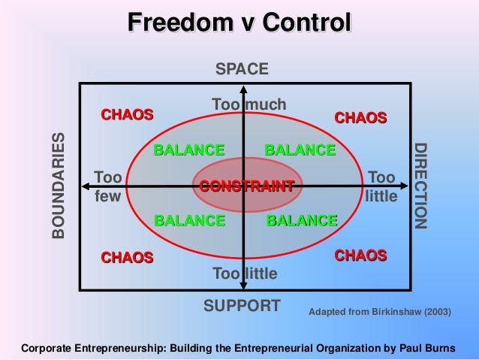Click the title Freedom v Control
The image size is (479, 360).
[239, 23]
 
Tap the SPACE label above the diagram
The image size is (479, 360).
[242, 69]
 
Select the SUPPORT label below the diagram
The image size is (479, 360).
[242, 306]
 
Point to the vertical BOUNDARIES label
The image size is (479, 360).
[58, 186]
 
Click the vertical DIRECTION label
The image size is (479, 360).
[420, 186]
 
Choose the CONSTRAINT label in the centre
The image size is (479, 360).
[246, 186]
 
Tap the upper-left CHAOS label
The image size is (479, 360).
[127, 115]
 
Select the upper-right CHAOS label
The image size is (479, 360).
[360, 118]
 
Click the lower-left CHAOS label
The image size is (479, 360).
[127, 258]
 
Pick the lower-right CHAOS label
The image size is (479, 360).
[360, 256]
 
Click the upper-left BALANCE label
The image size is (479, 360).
[188, 150]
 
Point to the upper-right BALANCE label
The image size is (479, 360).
[300, 150]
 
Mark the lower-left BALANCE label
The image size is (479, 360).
[188, 220]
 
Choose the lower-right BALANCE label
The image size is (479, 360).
[301, 220]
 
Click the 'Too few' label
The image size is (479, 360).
[108, 186]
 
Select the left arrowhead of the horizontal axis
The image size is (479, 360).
[84, 186]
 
